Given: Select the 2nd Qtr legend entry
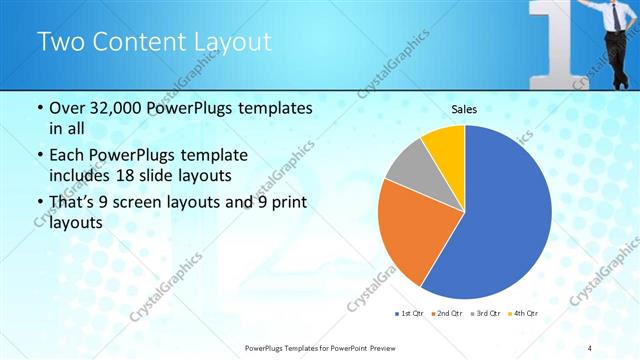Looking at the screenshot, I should pyautogui.click(x=446, y=314).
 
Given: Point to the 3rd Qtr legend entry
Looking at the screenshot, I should pyautogui.click(x=485, y=314).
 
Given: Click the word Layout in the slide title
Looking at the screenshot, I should pyautogui.click(x=227, y=42).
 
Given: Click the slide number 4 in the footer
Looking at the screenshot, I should pyautogui.click(x=590, y=348).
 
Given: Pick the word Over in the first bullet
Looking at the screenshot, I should pyautogui.click(x=69, y=108).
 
